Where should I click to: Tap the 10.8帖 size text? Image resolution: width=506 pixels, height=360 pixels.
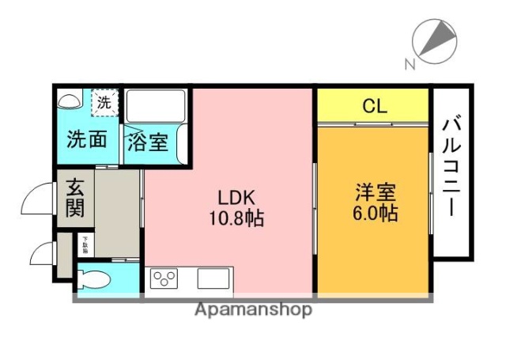point(236,215)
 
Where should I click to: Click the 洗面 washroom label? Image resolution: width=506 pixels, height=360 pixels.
point(86,141)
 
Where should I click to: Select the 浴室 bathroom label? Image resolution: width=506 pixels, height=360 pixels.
point(148,142)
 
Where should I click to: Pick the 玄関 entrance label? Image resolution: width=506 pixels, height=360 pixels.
point(75,198)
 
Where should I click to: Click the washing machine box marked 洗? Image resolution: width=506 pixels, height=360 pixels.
point(104,101)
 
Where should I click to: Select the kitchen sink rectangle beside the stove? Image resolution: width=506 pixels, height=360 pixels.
point(213,279)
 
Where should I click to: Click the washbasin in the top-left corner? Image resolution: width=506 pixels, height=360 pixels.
point(70,100)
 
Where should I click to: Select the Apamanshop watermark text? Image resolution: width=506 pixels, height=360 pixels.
point(253,309)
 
